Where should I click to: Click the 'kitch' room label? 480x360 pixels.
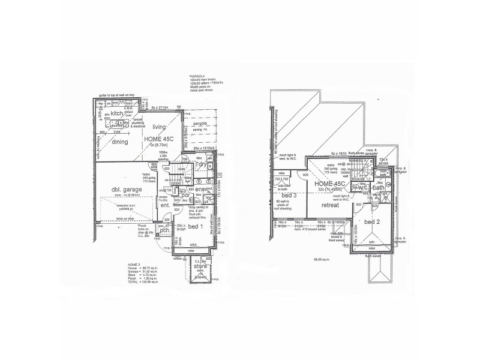117,113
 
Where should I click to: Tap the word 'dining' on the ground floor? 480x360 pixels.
120,142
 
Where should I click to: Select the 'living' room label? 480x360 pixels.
159,127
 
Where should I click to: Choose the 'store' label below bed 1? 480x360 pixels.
200,266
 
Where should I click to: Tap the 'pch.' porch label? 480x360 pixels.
165,229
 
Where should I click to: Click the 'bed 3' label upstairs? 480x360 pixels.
289,196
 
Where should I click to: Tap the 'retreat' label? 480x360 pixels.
331,205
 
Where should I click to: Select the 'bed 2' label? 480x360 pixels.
373,222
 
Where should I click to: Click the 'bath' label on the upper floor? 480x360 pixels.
379,188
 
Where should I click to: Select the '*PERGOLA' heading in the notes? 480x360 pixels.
197,77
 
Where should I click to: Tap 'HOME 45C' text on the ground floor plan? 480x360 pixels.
160,139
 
